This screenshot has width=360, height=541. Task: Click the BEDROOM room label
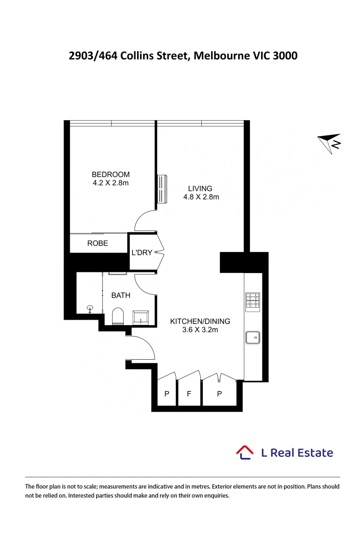[x=110, y=174]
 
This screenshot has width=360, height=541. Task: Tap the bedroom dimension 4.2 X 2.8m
[x=111, y=183]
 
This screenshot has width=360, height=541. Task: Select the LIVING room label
[x=200, y=188]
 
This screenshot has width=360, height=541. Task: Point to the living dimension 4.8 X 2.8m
[x=201, y=197]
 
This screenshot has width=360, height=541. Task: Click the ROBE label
[x=98, y=243]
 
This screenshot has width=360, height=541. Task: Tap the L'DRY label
[x=141, y=252]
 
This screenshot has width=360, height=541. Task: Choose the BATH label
[x=121, y=296]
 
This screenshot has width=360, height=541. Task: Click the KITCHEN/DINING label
[x=200, y=321]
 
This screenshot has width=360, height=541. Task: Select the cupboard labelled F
[x=189, y=394]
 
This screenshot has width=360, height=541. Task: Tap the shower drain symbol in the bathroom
[x=91, y=308]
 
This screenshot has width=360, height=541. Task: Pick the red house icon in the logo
[x=245, y=452]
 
